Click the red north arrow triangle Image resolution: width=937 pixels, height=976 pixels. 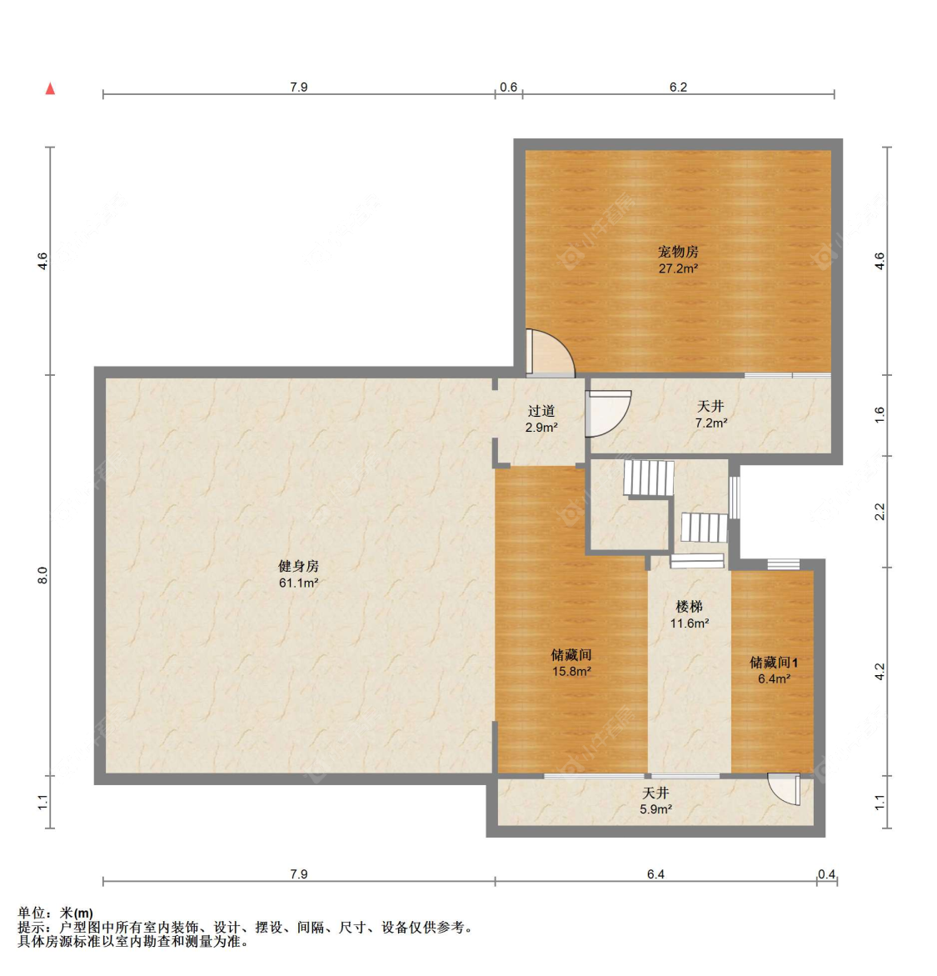click(x=51, y=88)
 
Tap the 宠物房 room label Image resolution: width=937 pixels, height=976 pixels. click(x=678, y=252)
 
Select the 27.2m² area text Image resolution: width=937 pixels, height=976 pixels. click(x=678, y=269)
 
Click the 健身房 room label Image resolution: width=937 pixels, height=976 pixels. click(x=299, y=567)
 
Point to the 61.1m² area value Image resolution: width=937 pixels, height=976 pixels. click(x=299, y=583)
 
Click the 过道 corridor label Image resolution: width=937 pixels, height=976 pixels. click(x=541, y=411)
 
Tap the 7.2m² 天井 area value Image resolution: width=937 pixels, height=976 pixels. click(x=711, y=423)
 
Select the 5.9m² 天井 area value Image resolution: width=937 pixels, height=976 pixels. click(x=655, y=810)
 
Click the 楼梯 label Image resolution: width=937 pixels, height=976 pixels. click(x=690, y=606)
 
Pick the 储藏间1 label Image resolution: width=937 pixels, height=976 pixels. click(x=774, y=663)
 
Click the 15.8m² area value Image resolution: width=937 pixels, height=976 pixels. click(x=571, y=672)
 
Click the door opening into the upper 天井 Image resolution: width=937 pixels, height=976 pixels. click(x=609, y=413)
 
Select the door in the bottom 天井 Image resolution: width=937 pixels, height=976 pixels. click(x=784, y=789)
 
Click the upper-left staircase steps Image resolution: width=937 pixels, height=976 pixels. click(x=649, y=478)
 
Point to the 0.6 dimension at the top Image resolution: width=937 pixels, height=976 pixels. click(x=508, y=88)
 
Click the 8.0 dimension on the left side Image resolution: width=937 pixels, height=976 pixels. click(x=42, y=575)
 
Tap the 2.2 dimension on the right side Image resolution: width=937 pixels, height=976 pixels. click(x=880, y=512)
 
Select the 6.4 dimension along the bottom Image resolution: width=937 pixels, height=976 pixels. click(x=655, y=874)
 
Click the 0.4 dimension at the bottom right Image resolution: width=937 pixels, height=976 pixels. click(x=826, y=874)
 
